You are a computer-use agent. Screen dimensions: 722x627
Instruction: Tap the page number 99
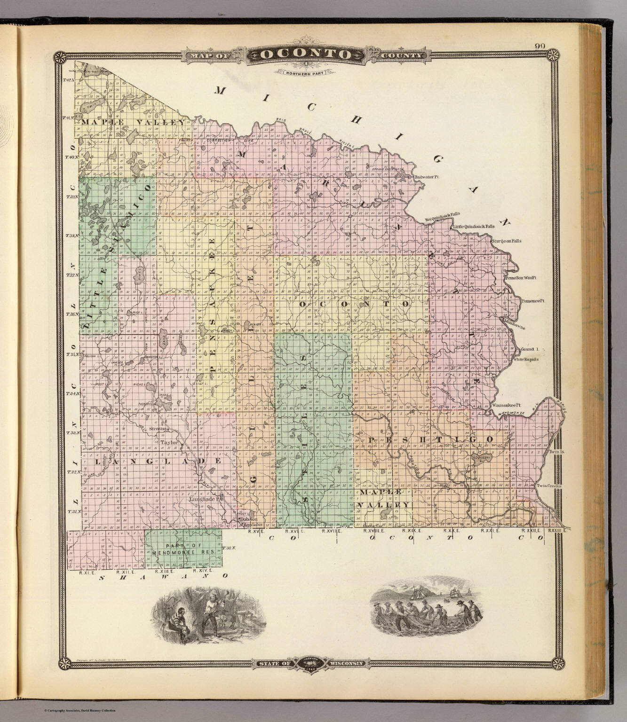coord(540,46)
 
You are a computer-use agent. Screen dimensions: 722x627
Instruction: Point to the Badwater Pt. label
coord(427,177)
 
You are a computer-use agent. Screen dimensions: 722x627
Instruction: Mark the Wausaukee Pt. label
coord(505,405)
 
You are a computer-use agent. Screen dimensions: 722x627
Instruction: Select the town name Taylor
coord(168,442)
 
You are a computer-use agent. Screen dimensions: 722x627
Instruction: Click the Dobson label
coord(248,519)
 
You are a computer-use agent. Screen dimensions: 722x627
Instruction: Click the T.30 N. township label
coord(229,548)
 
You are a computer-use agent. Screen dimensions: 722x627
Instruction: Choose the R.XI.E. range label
coord(87,572)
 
